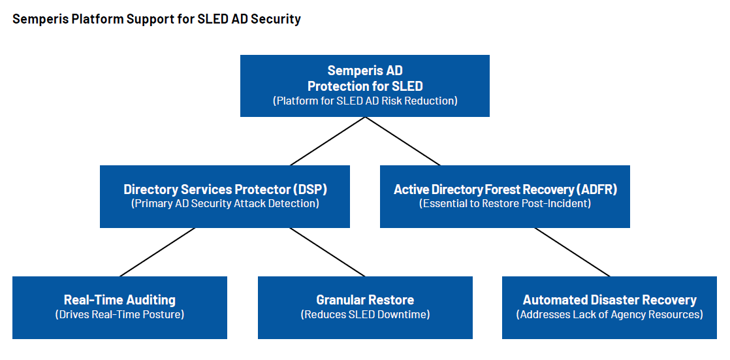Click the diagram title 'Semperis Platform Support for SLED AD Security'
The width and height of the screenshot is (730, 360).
[157, 19]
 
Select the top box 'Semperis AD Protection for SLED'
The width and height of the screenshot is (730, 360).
[365, 78]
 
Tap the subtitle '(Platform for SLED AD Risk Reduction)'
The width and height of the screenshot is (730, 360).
[365, 101]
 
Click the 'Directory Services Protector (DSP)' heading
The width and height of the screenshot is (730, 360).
[225, 189]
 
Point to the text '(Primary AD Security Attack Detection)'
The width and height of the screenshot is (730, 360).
[225, 204]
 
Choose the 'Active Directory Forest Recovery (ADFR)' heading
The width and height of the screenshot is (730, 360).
[505, 189]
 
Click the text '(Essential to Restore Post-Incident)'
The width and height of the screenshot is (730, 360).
[505, 204]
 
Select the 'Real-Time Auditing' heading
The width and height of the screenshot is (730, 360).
[119, 300]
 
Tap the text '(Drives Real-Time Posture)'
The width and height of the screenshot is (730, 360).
[119, 315]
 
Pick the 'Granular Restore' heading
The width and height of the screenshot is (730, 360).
[365, 300]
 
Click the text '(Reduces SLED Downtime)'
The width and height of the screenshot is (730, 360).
[365, 315]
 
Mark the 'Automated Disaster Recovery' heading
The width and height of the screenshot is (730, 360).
[609, 300]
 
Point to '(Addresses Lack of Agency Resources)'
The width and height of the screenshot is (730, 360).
[609, 315]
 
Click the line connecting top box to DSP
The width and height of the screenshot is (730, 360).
[328, 141]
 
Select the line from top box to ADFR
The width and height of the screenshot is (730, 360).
[402, 141]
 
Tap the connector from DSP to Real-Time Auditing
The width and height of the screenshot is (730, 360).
[157, 252]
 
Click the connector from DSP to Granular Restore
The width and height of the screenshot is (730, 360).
[328, 252]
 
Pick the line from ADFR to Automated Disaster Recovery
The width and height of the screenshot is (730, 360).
[572, 252]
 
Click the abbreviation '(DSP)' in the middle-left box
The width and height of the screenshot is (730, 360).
[310, 189]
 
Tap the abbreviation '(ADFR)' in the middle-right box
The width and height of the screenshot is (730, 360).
[597, 189]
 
